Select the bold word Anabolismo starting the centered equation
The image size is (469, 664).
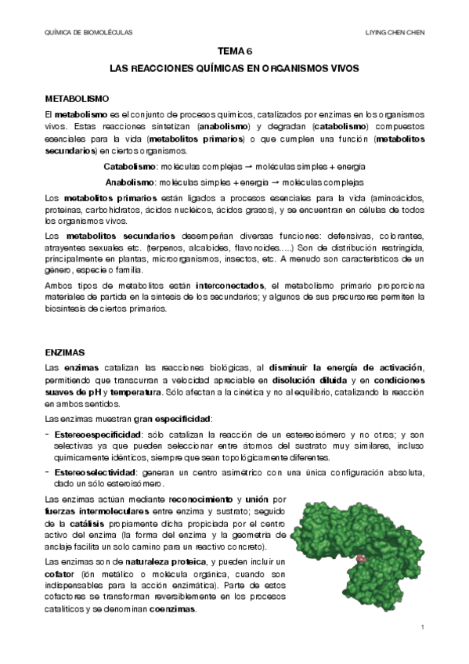129,182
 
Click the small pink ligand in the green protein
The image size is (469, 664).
361,558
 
